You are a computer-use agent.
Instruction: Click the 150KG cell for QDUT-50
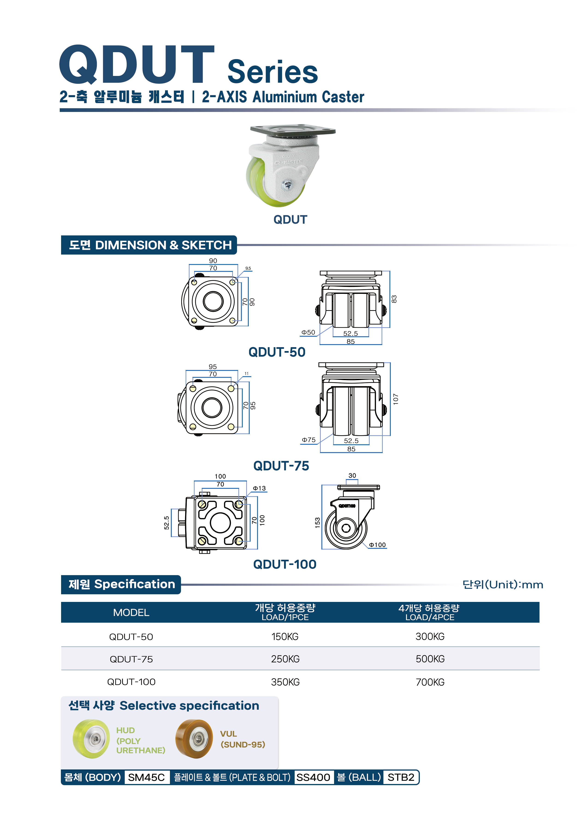coord(285,637)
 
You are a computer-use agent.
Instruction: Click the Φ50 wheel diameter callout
coord(308,332)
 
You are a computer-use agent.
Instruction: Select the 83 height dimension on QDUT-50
coord(394,299)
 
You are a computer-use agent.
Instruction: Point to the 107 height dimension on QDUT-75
coord(395,399)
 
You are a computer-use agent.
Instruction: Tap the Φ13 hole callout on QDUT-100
coord(259,488)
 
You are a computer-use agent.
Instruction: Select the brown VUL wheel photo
coord(194,739)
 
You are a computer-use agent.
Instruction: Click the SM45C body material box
coord(146,778)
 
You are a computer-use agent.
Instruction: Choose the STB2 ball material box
coord(401,778)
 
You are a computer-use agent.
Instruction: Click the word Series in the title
coord(273,72)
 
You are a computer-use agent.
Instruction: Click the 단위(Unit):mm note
coord(503,585)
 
